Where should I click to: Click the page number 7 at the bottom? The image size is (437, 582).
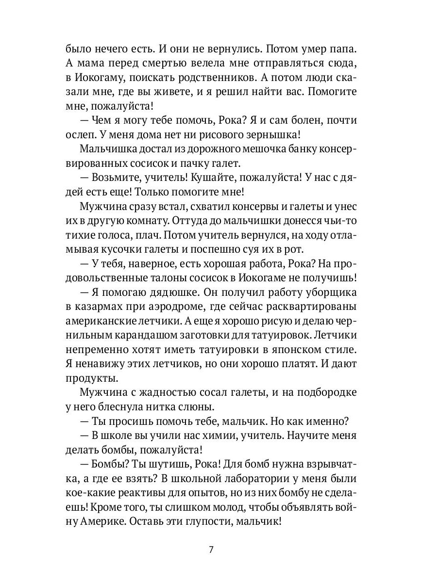(x=211, y=550)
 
